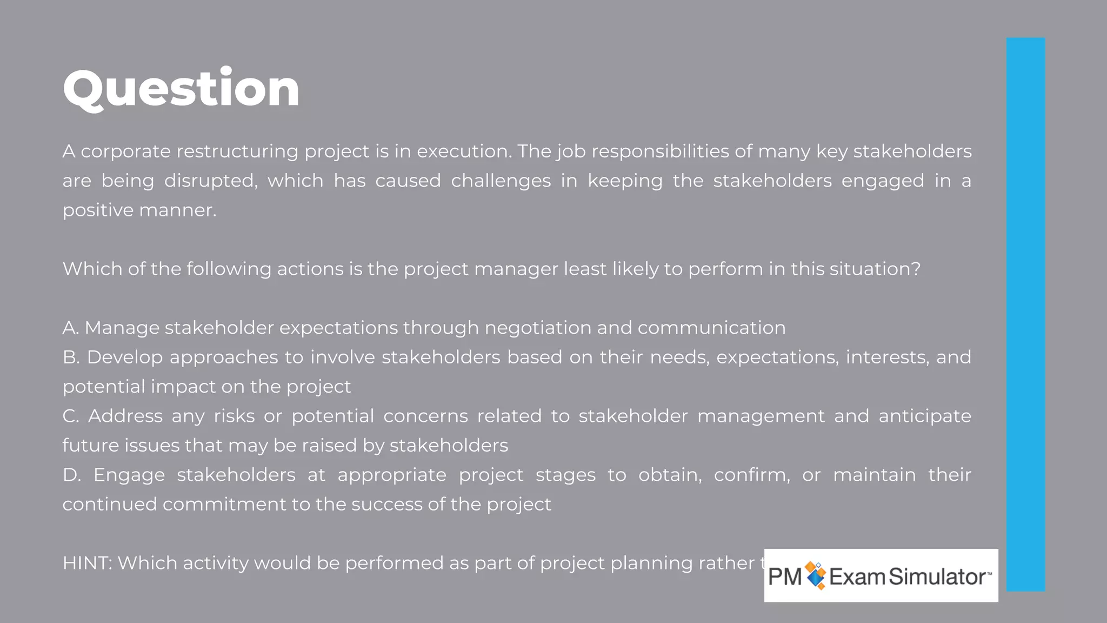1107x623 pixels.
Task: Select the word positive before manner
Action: pyautogui.click(x=98, y=210)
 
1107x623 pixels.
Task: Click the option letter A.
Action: pyautogui.click(x=70, y=328)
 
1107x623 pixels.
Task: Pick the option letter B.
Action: pyautogui.click(x=70, y=357)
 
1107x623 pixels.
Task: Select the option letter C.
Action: pyautogui.click(x=70, y=416)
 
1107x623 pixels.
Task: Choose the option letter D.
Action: pyautogui.click(x=71, y=475)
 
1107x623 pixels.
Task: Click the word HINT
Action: pyautogui.click(x=86, y=563)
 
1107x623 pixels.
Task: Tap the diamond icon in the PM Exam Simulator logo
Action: pyautogui.click(x=816, y=575)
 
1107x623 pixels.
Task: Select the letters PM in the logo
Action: pyautogui.click(x=785, y=576)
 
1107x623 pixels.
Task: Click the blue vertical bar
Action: pyautogui.click(x=1025, y=314)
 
